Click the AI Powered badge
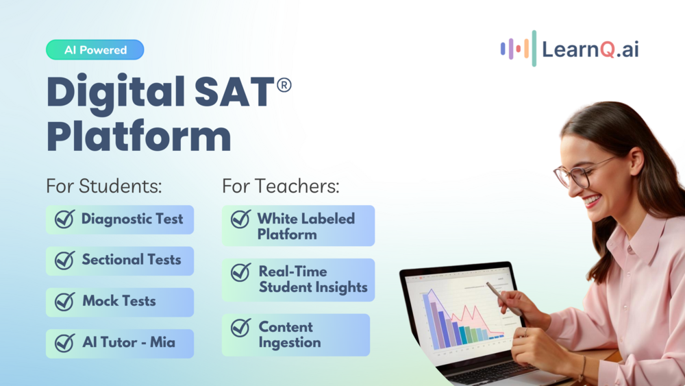[95, 50]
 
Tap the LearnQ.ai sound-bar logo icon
[519, 49]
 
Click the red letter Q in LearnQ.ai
[607, 49]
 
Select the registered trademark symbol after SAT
[284, 85]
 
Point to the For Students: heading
[104, 186]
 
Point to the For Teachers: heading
[281, 186]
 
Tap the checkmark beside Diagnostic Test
[64, 219]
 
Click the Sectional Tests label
[132, 260]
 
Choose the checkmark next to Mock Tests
[64, 302]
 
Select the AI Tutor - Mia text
[129, 342]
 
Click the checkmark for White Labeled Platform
[240, 219]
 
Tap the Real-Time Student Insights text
[313, 279]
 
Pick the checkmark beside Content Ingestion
[240, 328]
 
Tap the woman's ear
[636, 161]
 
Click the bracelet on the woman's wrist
[582, 369]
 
